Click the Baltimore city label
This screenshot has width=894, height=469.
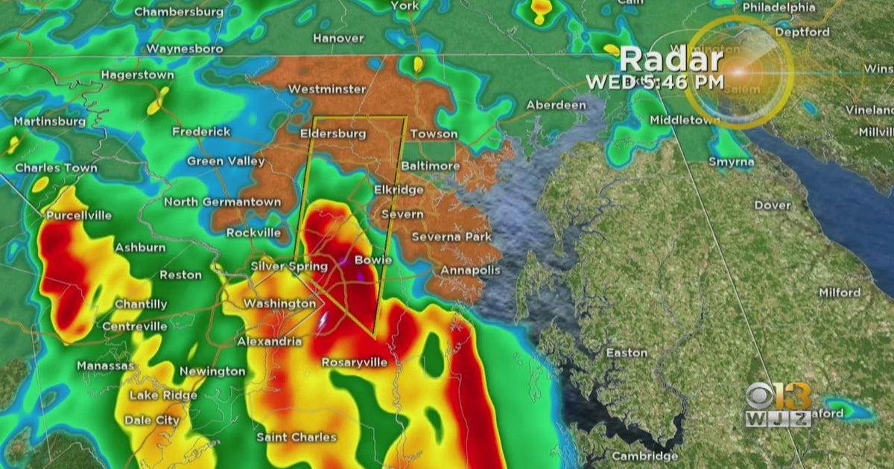pos(431,165)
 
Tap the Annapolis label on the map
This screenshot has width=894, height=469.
pos(471,270)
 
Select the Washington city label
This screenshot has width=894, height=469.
pos(279,304)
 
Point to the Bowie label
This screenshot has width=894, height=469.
pos(372,260)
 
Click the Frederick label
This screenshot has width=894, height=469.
pos(201,131)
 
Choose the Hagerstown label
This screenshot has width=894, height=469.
pos(137,75)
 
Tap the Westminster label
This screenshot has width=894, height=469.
pos(327,89)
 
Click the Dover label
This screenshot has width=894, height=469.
pos(773,205)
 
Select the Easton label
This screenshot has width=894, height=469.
pos(627,352)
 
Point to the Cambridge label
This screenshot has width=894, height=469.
pos(645,456)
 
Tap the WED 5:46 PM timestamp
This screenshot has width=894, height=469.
pos(655,82)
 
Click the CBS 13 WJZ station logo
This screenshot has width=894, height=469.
pos(779,405)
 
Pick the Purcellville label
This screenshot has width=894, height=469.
pos(79,215)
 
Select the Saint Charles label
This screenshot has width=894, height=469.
pos(297,437)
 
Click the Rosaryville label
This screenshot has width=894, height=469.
pos(355,363)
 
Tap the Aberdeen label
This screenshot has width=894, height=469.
pos(556,105)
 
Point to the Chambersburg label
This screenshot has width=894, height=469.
pos(178,12)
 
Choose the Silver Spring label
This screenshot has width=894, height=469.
pos(289,266)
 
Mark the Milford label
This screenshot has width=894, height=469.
pos(840,293)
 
